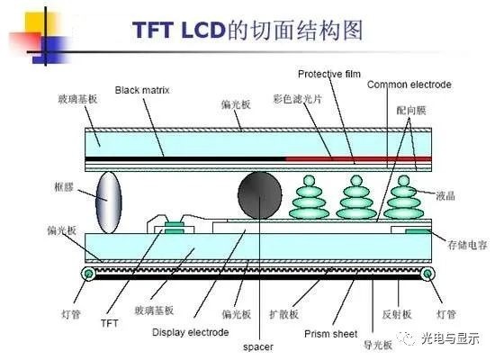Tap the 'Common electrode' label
(x=409, y=85)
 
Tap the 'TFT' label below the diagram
(x=109, y=321)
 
